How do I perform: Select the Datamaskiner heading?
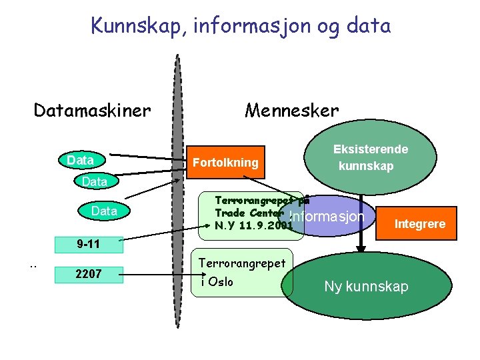click(93, 109)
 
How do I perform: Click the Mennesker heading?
click(291, 110)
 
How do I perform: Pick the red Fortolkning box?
click(225, 163)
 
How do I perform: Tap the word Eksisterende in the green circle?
click(371, 149)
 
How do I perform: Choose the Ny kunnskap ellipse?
click(366, 287)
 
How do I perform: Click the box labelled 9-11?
click(87, 244)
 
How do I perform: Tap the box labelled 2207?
click(87, 273)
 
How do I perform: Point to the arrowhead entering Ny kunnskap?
click(361, 248)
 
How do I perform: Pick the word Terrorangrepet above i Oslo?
click(242, 263)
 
